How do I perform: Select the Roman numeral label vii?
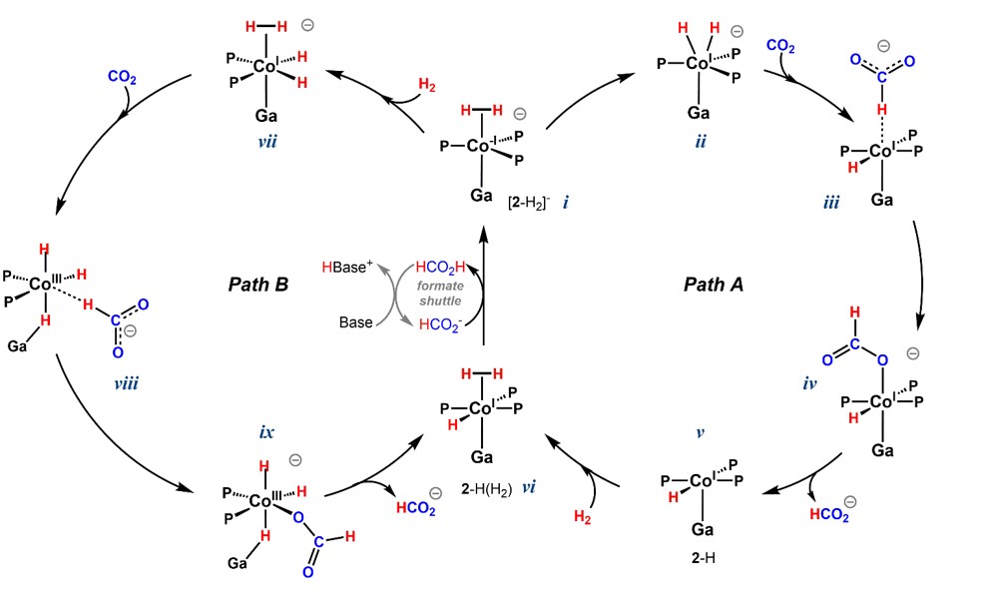coord(266,143)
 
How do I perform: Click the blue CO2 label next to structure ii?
coord(780,45)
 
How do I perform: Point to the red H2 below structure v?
coord(588,516)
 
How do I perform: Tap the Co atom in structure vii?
coord(264,67)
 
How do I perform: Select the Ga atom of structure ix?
coord(237,564)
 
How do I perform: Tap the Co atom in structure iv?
coord(881,402)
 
